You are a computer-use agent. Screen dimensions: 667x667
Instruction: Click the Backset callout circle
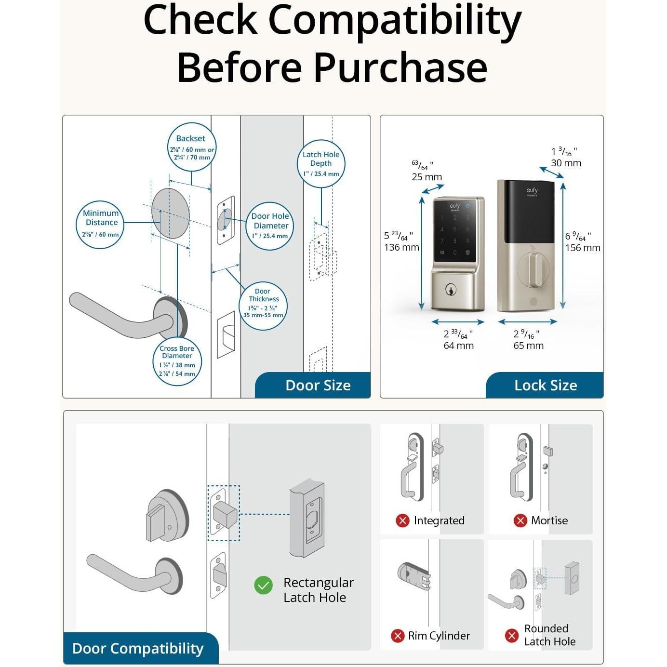[x=191, y=147]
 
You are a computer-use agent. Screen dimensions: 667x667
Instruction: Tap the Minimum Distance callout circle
[x=100, y=225]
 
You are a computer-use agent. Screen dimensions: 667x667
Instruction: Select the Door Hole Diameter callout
[x=270, y=226]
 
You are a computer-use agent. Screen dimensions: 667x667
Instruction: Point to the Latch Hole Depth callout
[x=321, y=164]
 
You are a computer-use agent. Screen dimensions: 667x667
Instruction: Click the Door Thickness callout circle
[x=263, y=306]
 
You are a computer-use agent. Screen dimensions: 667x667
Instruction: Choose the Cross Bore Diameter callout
[x=177, y=362]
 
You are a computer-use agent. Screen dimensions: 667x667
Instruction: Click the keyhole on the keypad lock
[x=451, y=290]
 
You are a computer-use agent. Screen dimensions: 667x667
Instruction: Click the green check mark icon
[x=263, y=586]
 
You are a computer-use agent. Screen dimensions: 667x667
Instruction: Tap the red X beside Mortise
[x=520, y=520]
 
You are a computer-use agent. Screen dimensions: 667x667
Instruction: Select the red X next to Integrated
[x=402, y=520]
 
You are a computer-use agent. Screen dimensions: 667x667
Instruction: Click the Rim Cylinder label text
[x=439, y=636]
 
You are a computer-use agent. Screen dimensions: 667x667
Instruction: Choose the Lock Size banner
[x=545, y=385]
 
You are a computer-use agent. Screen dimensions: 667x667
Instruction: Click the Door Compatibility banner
[x=138, y=648]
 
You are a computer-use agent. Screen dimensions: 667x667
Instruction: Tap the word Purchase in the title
[x=400, y=67]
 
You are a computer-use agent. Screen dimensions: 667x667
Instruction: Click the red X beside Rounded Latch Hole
[x=511, y=636]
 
